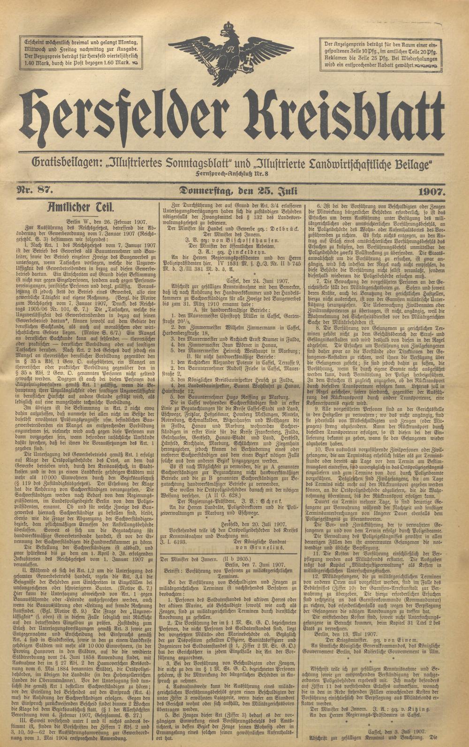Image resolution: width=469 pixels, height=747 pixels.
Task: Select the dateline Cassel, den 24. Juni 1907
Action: coord(232,302)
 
